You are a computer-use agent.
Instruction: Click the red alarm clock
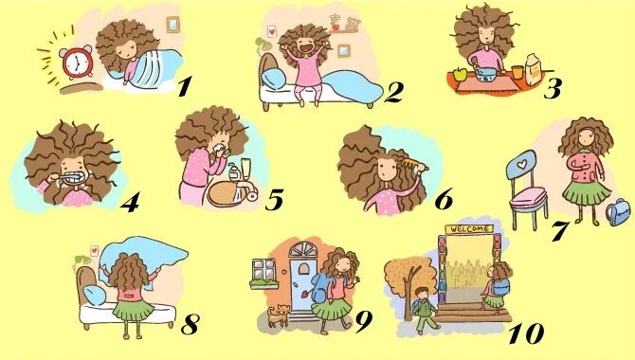pyautogui.click(x=76, y=63)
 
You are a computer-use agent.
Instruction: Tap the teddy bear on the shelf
pyautogui.click(x=352, y=25)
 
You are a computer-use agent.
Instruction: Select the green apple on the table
pyautogui.click(x=461, y=74)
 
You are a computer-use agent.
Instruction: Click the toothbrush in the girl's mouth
pyautogui.click(x=69, y=177)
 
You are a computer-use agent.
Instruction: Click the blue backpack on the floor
pyautogui.click(x=618, y=211)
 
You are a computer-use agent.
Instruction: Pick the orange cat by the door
pyautogui.click(x=279, y=315)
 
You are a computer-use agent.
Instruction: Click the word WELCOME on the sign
pyautogui.click(x=469, y=229)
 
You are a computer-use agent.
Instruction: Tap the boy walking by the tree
pyautogui.click(x=424, y=310)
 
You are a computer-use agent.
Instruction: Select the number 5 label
pyautogui.click(x=274, y=199)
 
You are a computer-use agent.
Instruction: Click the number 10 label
pyautogui.click(x=526, y=333)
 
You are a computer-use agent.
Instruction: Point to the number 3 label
pyautogui.click(x=553, y=88)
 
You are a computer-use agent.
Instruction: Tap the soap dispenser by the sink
pyautogui.click(x=232, y=173)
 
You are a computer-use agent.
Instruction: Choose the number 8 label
pyautogui.click(x=190, y=324)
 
